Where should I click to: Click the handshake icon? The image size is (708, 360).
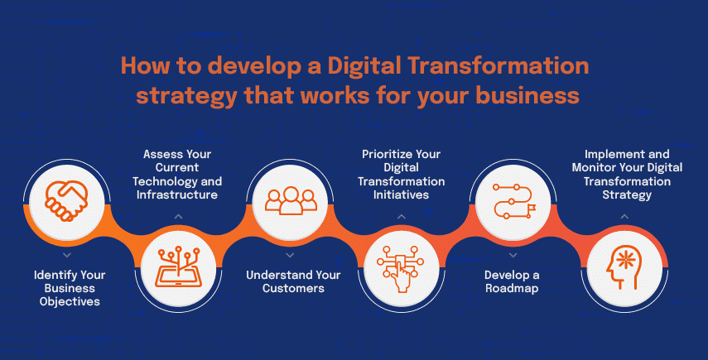pyautogui.click(x=66, y=201)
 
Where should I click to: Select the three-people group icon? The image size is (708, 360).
pyautogui.click(x=291, y=201)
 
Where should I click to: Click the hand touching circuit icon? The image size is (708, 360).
pyautogui.click(x=400, y=269)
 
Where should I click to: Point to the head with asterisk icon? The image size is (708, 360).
pyautogui.click(x=624, y=269)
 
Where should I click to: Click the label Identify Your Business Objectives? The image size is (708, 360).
pyautogui.click(x=70, y=288)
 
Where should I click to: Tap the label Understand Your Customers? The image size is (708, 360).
pyautogui.click(x=293, y=281)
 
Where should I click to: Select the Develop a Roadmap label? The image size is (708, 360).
pyautogui.click(x=512, y=281)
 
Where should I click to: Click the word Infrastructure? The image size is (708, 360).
pyautogui.click(x=177, y=194)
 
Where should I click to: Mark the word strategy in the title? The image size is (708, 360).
pyautogui.click(x=186, y=97)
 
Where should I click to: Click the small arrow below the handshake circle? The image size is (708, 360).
pyautogui.click(x=67, y=256)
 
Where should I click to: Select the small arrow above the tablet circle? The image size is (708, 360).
pyautogui.click(x=178, y=217)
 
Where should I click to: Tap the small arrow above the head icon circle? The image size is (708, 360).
pyautogui.click(x=624, y=217)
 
